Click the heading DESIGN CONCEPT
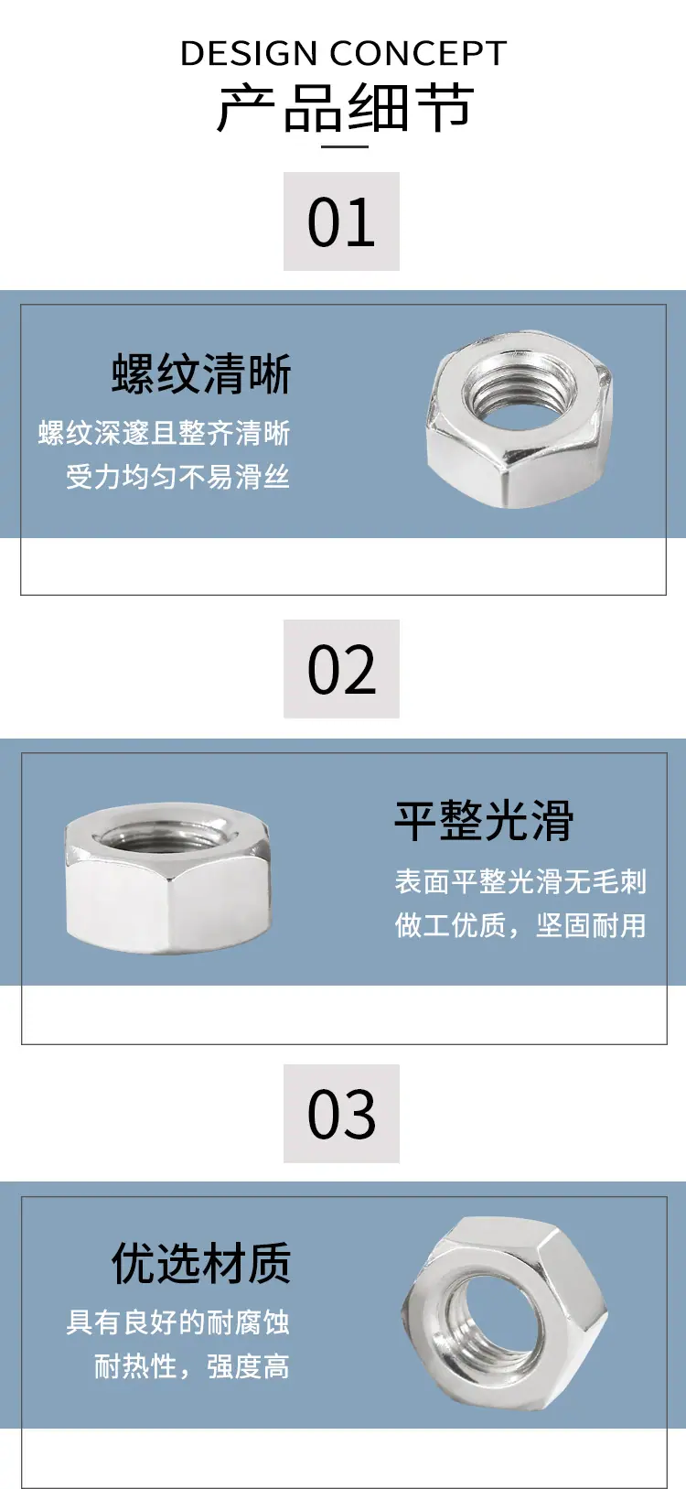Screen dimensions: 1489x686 343,54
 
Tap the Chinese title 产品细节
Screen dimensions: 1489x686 345,108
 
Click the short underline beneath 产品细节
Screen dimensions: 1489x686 343,146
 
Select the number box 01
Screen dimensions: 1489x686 341,221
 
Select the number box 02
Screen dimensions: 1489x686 341,669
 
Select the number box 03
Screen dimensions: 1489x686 341,1114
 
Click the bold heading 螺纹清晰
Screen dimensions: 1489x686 201,374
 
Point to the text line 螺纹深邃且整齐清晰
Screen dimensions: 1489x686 165,433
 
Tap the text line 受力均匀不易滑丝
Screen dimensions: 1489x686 178,477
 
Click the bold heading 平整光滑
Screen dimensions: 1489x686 484,820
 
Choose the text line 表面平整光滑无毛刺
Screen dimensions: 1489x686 520,881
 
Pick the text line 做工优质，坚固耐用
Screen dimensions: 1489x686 520,925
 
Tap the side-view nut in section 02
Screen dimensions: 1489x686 168,879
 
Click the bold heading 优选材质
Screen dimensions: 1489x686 201,1264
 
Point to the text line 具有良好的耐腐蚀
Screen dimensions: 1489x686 178,1322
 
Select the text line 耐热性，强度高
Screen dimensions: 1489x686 192,1366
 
